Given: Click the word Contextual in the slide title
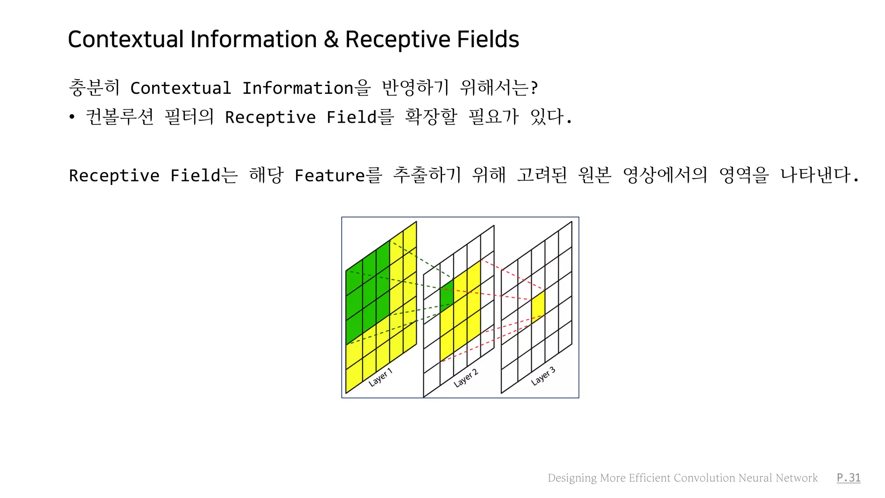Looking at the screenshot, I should click(126, 39).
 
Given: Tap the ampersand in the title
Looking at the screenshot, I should click(331, 39).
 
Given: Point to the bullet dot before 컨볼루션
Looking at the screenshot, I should click(72, 117).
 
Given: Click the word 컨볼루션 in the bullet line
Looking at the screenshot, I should click(120, 117).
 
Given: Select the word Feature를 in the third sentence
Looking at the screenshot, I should click(338, 176).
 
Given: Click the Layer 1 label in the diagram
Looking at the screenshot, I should click(380, 377).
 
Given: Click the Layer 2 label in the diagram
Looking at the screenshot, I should click(465, 378).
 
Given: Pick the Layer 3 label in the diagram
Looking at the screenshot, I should click(543, 376).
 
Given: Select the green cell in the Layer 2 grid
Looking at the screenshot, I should click(446, 293).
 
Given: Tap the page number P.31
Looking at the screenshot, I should click(848, 478).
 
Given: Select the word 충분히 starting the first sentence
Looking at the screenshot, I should click(94, 88).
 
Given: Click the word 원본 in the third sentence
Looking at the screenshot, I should click(594, 176).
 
